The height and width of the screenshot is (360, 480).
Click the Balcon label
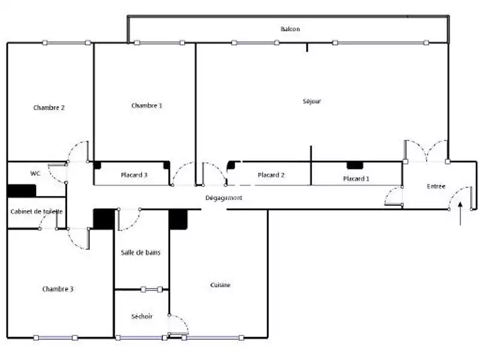(x=290, y=29)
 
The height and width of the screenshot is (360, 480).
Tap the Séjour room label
(x=312, y=101)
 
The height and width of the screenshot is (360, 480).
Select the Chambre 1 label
(x=147, y=106)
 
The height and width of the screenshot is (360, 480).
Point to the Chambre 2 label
(x=49, y=108)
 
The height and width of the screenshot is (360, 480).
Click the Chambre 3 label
(x=58, y=289)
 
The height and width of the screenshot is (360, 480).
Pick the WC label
(x=35, y=173)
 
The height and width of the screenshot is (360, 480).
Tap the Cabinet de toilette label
(x=37, y=212)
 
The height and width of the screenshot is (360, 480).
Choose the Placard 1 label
(x=356, y=179)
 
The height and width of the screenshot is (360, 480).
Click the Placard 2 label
(x=271, y=175)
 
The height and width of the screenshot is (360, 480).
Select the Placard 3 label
(x=134, y=175)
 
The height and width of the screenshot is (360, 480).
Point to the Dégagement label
(x=224, y=198)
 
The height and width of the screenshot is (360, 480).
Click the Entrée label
(x=436, y=187)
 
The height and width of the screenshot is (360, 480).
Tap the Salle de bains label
(x=141, y=253)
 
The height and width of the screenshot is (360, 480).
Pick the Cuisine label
(x=220, y=285)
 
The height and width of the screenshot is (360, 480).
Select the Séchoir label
(x=142, y=316)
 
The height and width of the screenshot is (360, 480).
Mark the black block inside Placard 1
(x=355, y=165)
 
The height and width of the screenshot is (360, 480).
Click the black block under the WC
(x=22, y=190)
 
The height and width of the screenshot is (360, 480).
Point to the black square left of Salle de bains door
(x=103, y=218)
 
